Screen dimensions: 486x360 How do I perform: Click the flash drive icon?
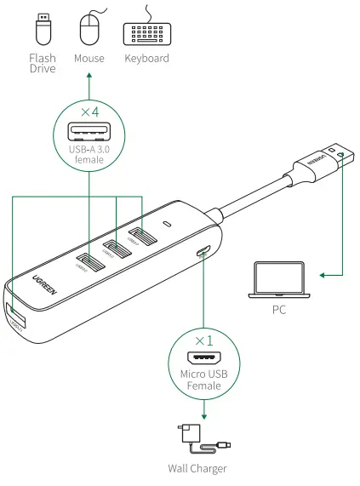pos(42,31)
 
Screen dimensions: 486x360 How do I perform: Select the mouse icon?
pos(89,31)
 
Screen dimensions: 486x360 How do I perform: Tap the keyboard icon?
pos(146,32)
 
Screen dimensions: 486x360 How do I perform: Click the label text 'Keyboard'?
pos(146,59)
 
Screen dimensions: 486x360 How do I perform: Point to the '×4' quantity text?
pos(89,112)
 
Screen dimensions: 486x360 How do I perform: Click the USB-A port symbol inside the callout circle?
pos(89,132)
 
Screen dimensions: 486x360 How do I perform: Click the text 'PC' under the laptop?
pos(279,310)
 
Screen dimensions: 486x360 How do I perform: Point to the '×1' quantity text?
pos(204,340)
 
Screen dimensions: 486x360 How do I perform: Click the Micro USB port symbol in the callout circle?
pos(204,359)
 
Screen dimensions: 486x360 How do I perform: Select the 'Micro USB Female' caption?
pos(204,380)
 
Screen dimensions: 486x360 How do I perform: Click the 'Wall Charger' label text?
pos(198,468)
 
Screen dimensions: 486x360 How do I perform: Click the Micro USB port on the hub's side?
pos(204,251)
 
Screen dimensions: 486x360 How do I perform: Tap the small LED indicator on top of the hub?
pos(168,225)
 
